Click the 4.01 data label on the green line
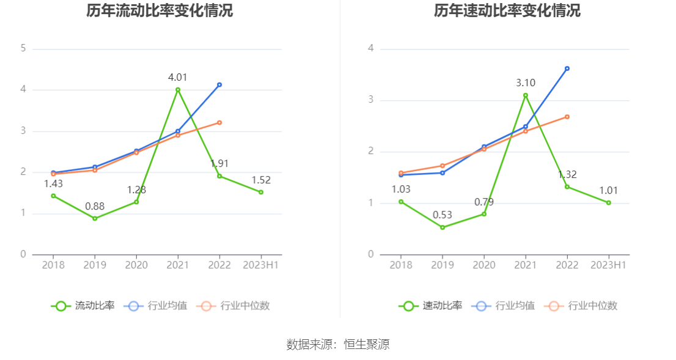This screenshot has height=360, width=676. pos(178,77)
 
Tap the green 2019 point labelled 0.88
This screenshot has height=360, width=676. pos(95,218)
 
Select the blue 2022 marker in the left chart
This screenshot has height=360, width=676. pos(219,85)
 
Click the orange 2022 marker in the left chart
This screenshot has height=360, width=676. pos(219,122)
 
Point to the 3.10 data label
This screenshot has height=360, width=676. pos(526,83)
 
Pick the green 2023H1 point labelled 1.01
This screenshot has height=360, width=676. pos(609,202)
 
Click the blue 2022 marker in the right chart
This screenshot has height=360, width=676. pos(567,68)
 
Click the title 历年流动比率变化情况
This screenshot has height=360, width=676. pos(160,10)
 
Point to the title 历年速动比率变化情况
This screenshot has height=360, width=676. pos(507,10)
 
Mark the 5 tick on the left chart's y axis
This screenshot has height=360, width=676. pos(23,48)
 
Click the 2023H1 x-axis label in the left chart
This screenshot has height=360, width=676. pos(261,265)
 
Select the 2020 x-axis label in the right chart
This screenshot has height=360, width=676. pos(484,265)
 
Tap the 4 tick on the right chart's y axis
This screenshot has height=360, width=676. pos(371,48)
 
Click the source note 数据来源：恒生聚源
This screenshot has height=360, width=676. pos(338,344)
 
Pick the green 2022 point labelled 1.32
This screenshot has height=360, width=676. pos(567,186)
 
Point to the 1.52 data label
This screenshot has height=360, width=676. pos(261,180)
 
